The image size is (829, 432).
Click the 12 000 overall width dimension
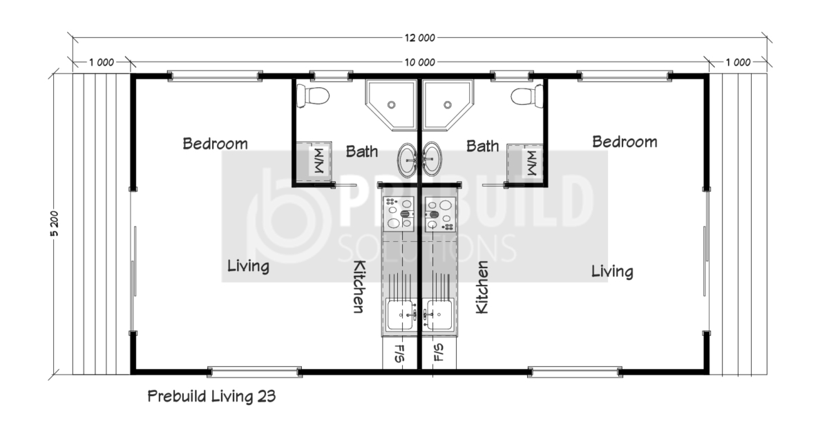pos(420,38)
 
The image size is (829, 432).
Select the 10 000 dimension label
pos(420,63)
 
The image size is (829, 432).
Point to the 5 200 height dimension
pos(55,223)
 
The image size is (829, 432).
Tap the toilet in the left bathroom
pos(313,96)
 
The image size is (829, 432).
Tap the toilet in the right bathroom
pos(527,96)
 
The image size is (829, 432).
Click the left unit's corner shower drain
pos(391,105)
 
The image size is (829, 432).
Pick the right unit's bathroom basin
pos(432,159)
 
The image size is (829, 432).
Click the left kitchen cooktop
pos(399,214)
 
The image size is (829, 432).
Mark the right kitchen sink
pos(439,314)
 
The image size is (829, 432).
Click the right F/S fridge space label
pos(438,353)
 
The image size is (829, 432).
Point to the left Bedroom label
pos(215,144)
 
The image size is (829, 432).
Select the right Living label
pos(612,272)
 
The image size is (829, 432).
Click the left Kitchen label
pos(359,287)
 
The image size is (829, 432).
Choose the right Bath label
pos(483,147)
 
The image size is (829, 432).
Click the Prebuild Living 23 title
pos(211,397)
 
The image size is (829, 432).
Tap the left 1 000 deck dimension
pos(102,63)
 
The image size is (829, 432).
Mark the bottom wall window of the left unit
pos(255,372)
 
